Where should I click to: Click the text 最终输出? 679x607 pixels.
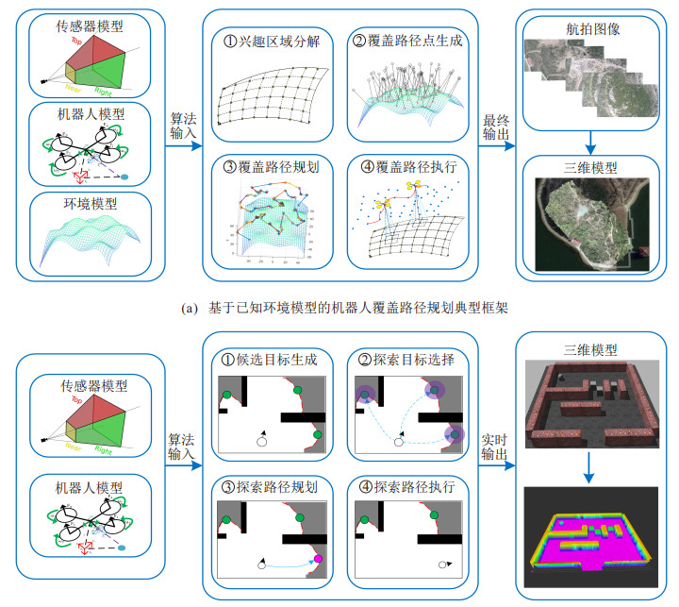(x=497, y=130)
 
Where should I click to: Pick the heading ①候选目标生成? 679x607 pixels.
(x=270, y=361)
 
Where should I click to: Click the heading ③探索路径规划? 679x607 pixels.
(x=270, y=488)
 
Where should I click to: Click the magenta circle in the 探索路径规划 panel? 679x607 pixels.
(x=318, y=560)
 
